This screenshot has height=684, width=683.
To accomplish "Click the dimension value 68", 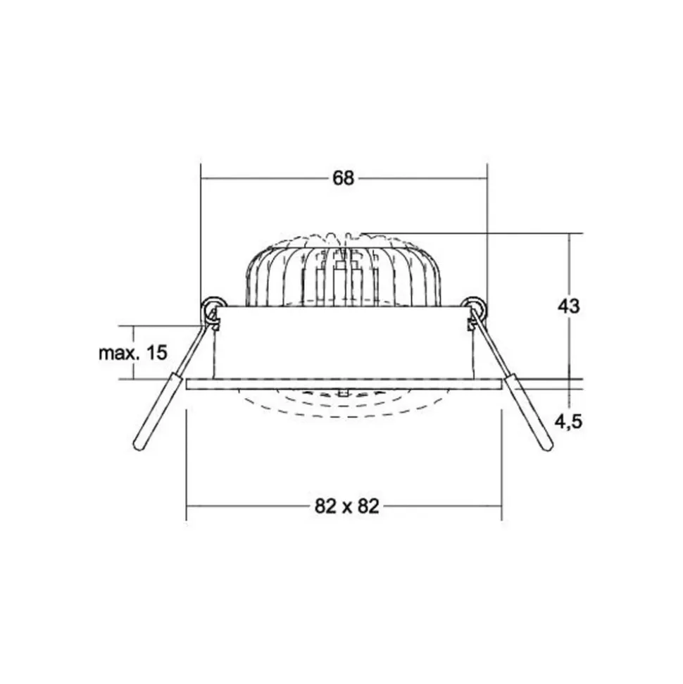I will pos(343,178).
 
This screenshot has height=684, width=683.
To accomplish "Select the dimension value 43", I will pos(568,306).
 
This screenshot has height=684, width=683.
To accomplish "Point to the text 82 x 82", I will pos(343,506).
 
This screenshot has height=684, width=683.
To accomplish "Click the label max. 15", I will pos(132,353).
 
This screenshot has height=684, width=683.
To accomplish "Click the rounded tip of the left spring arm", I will pos(138,444).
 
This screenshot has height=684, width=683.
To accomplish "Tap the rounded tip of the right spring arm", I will pos(546,444).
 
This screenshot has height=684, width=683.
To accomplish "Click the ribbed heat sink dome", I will pos(343,271).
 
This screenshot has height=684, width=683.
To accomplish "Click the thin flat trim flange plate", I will pos(343,384).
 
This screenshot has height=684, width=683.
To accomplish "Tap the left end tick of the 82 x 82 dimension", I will pos(187,506).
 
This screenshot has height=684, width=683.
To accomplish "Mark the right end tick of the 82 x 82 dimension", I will pos(501,506).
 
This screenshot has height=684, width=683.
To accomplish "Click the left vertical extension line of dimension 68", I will pos(201,232).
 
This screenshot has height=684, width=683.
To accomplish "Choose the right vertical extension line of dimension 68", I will pos(487,232).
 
